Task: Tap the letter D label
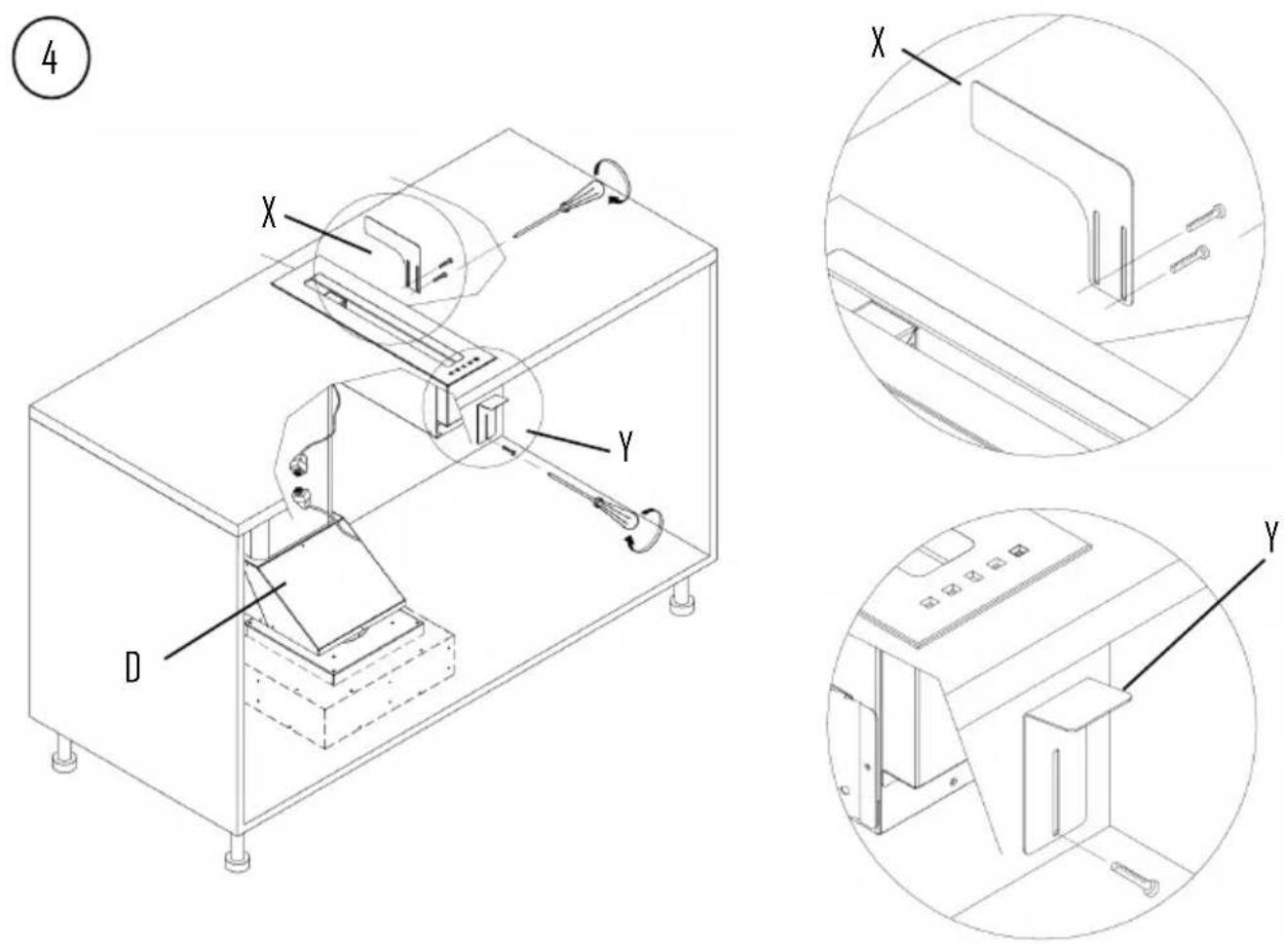coord(132,667)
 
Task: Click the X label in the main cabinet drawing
coord(268,212)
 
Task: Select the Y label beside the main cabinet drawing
coord(626,447)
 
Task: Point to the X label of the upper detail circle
coord(878,43)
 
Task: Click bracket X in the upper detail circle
coord(1052,189)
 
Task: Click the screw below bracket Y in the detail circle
coord(1134,882)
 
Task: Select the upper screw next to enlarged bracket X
coord(1206,218)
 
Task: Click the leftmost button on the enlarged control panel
coord(927,602)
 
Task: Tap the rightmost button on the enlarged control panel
coord(1018,551)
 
